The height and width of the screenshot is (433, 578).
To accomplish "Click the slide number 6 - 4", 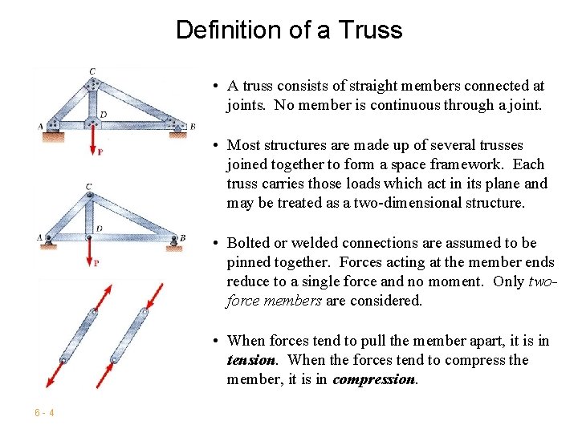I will (44, 413).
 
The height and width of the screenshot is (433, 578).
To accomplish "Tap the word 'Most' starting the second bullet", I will (242, 145).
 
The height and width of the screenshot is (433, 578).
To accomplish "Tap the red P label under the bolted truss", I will (100, 152).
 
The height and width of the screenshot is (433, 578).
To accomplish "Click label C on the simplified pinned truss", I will (89, 187).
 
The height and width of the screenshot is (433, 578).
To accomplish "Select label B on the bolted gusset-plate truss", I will (192, 126).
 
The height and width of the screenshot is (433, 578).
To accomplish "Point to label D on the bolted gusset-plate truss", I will (104, 115).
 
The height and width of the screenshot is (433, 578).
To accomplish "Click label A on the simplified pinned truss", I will (40, 237).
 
